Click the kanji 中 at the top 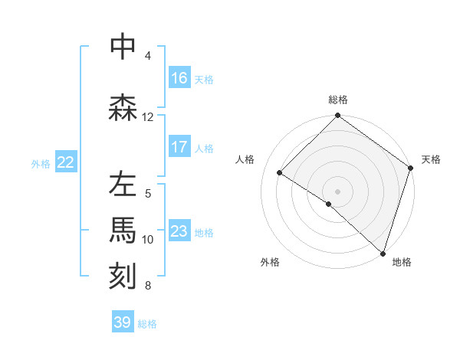point(123,46)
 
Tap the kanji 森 point(123,107)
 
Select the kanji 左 point(123,185)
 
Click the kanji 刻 point(123,275)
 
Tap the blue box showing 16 point(179,78)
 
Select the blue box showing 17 point(179,147)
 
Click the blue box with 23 point(179,231)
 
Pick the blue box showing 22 point(66,162)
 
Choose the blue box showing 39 point(123,322)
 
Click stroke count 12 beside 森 point(148,116)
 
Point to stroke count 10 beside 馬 point(148,239)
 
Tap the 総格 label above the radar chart point(338,100)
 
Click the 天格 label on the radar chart point(431,159)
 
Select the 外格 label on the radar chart point(270,262)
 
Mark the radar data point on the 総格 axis point(337,116)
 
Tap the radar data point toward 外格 point(329,204)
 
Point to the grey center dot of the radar point(337,191)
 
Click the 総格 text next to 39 point(147,324)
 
